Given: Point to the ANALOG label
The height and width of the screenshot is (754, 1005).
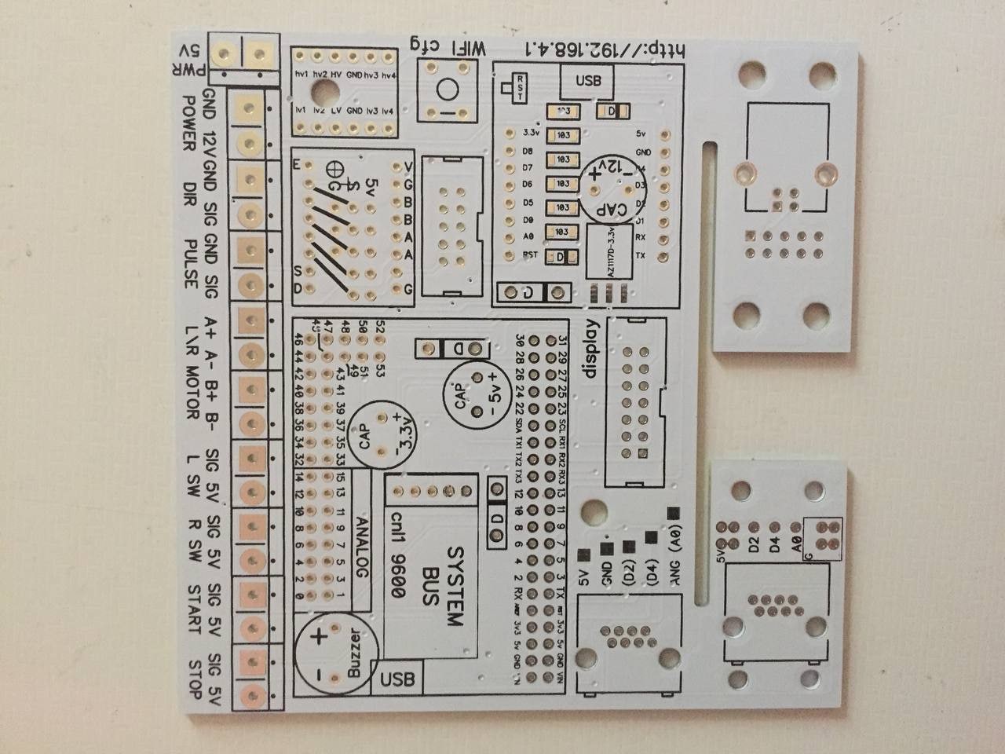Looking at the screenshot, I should (362, 547).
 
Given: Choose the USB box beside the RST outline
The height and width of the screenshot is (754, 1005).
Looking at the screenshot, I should (587, 80).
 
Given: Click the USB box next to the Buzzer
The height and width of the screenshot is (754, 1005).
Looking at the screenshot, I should (397, 678).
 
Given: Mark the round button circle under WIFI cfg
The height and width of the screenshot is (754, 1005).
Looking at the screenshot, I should (447, 90).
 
